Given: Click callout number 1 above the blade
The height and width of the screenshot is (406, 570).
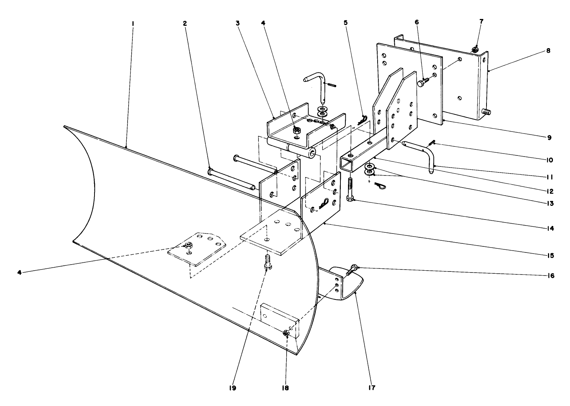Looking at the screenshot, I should (133, 23).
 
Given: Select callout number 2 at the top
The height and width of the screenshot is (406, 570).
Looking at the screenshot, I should (185, 23).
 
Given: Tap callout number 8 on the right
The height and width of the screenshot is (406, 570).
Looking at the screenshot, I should (548, 50).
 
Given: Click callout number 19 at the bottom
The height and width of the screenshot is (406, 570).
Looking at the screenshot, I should (232, 388).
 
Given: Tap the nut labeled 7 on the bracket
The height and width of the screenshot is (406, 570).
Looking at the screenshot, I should (475, 50).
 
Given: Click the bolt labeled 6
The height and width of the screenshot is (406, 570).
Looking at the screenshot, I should (422, 82).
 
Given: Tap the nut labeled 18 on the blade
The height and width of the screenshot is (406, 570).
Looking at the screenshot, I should (286, 333).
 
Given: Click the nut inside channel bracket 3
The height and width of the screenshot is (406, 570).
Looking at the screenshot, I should (297, 130).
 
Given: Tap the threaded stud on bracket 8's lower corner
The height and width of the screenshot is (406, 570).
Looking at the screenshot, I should (486, 112).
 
